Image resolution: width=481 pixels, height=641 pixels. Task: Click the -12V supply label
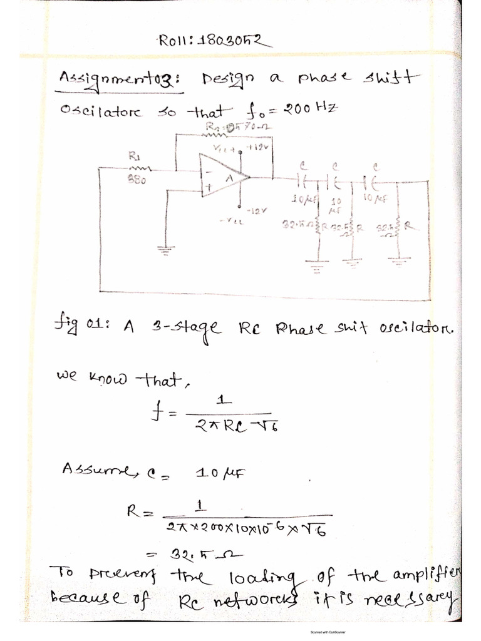click(x=256, y=211)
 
